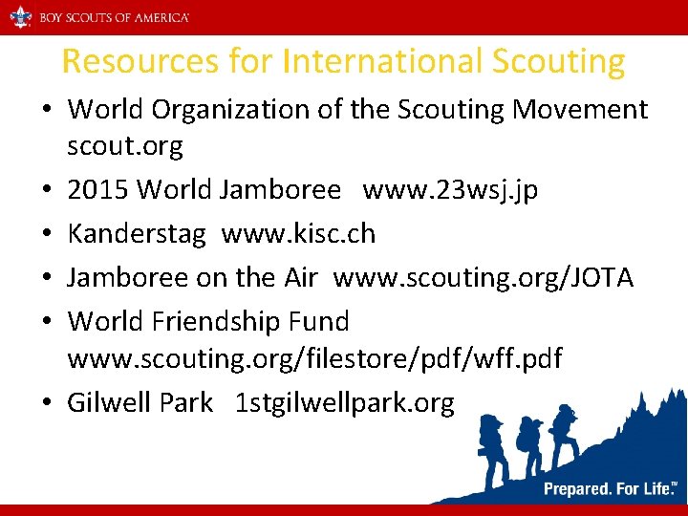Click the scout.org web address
click(124, 147)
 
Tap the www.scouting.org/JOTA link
click(483, 277)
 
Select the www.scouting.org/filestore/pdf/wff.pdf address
click(314, 359)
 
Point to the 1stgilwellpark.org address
click(345, 402)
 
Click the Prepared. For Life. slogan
click(608, 489)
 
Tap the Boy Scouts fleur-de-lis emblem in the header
click(20, 17)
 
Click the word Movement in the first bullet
click(580, 110)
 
